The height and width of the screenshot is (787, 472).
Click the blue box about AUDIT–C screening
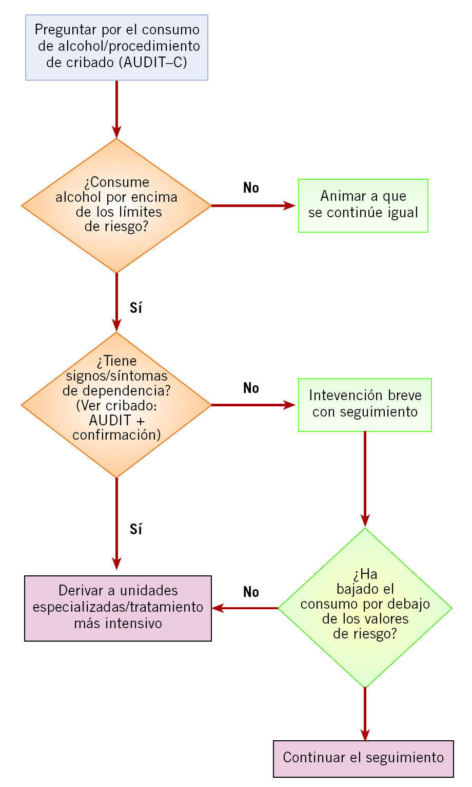tap(116, 47)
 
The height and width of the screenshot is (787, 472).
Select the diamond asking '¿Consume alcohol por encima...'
tap(116, 205)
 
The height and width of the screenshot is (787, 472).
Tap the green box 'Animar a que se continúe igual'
tap(363, 205)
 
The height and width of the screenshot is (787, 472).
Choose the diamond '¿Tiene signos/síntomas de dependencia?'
tap(116, 405)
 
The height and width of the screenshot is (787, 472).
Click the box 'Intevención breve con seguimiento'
tap(365, 405)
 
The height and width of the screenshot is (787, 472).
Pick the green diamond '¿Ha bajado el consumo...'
tap(365, 608)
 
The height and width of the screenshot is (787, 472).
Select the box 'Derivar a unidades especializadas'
tap(118, 608)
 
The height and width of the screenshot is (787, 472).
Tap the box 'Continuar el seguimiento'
tap(363, 758)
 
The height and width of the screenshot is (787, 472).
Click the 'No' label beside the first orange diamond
tap(251, 188)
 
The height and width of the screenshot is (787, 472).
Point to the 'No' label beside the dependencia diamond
tap(251, 388)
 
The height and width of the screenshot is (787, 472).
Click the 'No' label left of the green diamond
tap(251, 592)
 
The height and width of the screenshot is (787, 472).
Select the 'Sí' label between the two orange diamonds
tap(135, 308)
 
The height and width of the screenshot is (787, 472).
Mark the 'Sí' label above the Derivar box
tap(135, 529)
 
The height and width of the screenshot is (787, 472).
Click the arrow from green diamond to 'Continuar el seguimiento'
tap(365, 714)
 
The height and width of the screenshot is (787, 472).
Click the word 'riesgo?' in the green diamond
tap(365, 634)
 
